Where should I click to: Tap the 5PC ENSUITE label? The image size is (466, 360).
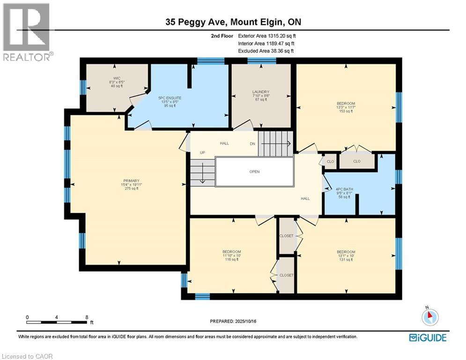(170, 98)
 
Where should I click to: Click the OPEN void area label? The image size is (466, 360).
(254, 172)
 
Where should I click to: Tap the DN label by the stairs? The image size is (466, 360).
(252, 143)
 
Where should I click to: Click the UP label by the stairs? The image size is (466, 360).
(202, 153)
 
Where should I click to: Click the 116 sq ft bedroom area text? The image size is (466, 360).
(231, 259)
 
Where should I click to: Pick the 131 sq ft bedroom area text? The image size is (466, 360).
(346, 259)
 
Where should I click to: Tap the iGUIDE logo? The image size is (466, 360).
(427, 337)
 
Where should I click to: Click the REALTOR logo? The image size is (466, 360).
(27, 32)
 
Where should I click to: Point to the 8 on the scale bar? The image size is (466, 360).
(87, 317)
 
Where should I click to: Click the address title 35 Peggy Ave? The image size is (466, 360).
(233, 22)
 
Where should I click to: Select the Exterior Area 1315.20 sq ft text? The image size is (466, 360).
(267, 36)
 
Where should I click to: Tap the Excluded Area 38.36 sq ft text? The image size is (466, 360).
(266, 51)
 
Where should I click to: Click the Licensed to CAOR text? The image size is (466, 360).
(28, 356)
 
